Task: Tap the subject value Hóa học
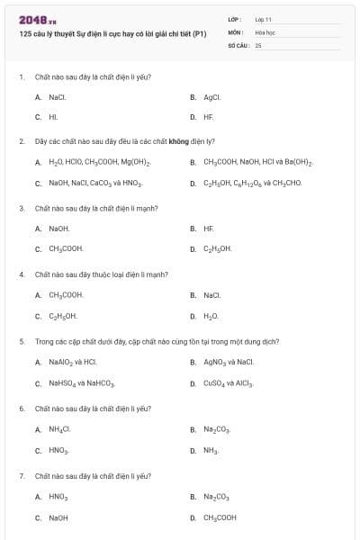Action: (x=265, y=31)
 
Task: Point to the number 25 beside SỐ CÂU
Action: (x=257, y=44)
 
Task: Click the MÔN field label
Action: (x=235, y=31)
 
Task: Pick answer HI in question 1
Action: (x=53, y=117)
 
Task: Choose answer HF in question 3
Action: (x=209, y=229)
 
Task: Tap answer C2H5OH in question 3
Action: (x=217, y=248)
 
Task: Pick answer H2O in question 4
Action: (x=211, y=316)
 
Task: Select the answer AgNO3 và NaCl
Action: (x=229, y=362)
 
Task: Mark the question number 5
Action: (x=21, y=342)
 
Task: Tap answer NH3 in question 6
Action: (x=211, y=450)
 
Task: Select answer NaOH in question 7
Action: (x=58, y=517)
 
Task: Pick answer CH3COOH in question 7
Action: (x=220, y=517)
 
